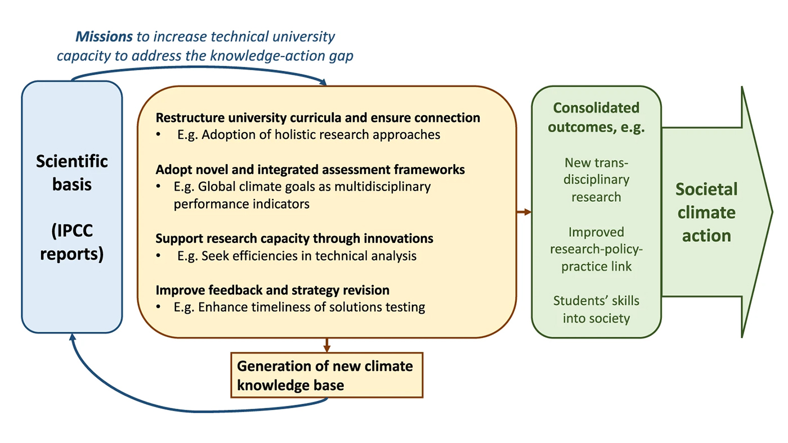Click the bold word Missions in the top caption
pyautogui.click(x=104, y=37)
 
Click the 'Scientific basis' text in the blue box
pyautogui.click(x=72, y=173)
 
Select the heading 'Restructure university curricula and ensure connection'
pyautogui.click(x=317, y=118)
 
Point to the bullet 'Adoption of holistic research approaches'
pyautogui.click(x=308, y=135)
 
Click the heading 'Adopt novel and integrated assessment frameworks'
pyautogui.click(x=310, y=169)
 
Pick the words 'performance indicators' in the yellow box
pyautogui.click(x=241, y=204)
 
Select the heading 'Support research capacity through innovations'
pyautogui.click(x=294, y=238)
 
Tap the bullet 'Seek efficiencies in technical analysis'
pyautogui.click(x=297, y=256)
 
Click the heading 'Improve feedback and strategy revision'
pyautogui.click(x=272, y=290)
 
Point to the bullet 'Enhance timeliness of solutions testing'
pyautogui.click(x=301, y=308)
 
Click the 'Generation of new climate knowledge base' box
pyautogui.click(x=326, y=375)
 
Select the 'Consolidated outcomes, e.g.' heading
pyautogui.click(x=596, y=117)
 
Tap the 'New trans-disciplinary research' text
pyautogui.click(x=596, y=180)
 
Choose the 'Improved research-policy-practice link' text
pyautogui.click(x=596, y=248)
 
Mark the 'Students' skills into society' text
pyautogui.click(x=596, y=309)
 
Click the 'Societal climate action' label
pyautogui.click(x=706, y=212)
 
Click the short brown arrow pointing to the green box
pyautogui.click(x=524, y=212)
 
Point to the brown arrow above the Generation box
pyautogui.click(x=326, y=345)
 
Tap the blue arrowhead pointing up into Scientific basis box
pyautogui.click(x=72, y=337)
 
